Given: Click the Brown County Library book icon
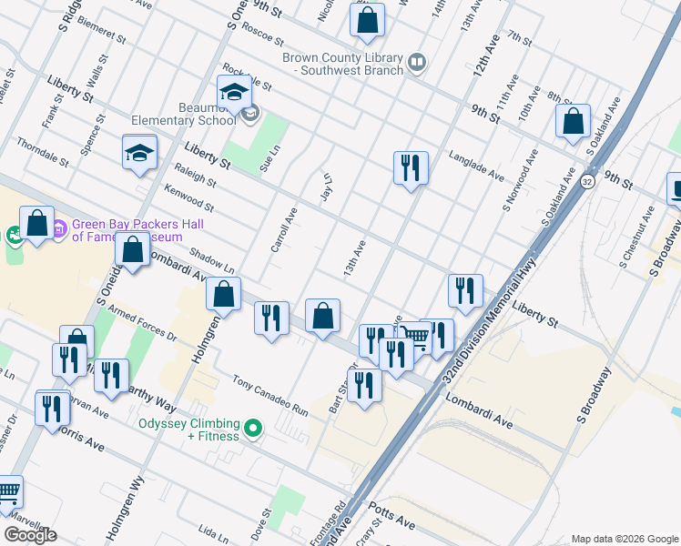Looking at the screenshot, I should (x=417, y=62).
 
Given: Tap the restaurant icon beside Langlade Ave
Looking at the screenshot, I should (x=411, y=167).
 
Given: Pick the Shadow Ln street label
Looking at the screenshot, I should (x=212, y=263).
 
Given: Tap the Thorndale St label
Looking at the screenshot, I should (x=42, y=153).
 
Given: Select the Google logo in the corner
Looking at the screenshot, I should (x=30, y=535).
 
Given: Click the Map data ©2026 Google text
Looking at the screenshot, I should (x=624, y=539).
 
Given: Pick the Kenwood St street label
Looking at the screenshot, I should (x=188, y=200).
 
